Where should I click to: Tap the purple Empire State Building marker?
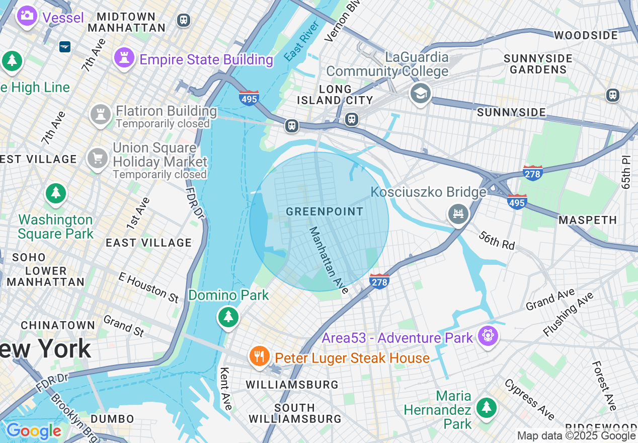[x=124, y=58]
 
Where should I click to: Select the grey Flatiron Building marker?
[x=100, y=115]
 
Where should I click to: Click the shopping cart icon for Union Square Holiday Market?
[x=98, y=159]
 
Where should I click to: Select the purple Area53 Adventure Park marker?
[x=488, y=335]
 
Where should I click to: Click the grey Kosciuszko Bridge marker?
[x=458, y=214]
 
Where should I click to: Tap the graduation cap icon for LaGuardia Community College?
[x=420, y=93]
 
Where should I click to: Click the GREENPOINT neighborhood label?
[x=325, y=211]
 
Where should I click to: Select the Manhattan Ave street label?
[x=329, y=260]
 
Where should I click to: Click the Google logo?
[x=34, y=431]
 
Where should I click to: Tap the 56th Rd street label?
[x=497, y=240]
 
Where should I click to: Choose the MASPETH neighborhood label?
[x=588, y=220]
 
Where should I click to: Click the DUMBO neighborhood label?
[x=113, y=419]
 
